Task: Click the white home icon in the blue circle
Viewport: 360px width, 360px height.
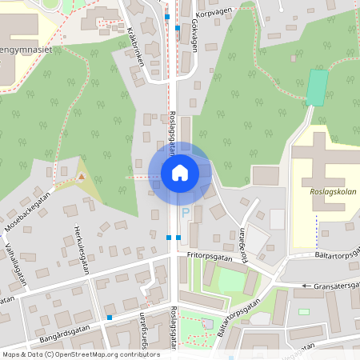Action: tap(180, 172)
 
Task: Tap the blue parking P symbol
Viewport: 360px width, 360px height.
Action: tap(186, 213)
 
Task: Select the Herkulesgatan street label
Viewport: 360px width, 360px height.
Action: tap(78, 252)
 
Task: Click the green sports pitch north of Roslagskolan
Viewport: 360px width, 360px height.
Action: tap(318, 87)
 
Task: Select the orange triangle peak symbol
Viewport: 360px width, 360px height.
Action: tap(81, 175)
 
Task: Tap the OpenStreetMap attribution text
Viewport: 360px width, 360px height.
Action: tap(81, 354)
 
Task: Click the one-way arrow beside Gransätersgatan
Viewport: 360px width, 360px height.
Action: tap(306, 285)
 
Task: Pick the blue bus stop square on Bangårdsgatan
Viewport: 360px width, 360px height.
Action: tap(109, 318)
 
